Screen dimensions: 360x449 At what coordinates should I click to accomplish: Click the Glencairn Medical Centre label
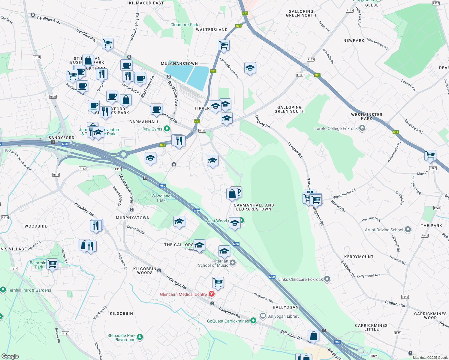[183, 294]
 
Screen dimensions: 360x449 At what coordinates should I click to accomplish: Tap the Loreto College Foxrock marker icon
[362, 128]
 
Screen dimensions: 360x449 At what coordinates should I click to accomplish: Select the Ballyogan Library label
[283, 316]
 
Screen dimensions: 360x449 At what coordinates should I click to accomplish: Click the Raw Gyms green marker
[167, 129]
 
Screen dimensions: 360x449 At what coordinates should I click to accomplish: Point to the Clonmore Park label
[184, 25]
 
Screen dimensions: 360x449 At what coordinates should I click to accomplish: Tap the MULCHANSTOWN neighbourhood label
[179, 64]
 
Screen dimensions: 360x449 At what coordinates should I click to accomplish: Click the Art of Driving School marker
[408, 230]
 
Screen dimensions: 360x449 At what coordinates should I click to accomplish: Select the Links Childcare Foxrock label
[300, 279]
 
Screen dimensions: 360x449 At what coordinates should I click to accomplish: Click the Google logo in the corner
[10, 356]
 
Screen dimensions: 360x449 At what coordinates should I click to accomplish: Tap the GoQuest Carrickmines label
[228, 321]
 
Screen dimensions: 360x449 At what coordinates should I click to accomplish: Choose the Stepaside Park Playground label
[122, 337]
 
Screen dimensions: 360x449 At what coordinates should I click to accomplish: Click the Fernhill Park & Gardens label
[29, 290]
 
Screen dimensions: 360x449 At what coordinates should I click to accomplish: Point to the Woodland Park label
[161, 198]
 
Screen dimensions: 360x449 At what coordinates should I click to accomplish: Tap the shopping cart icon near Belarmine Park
[52, 264]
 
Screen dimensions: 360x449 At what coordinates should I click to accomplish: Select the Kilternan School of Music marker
[232, 263]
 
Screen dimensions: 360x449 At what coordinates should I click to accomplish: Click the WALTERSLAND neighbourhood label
[212, 30]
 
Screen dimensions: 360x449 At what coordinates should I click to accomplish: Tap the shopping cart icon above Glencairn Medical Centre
[218, 282]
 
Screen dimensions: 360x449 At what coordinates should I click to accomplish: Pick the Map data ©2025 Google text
[430, 357]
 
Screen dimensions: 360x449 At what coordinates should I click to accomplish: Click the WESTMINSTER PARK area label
[366, 116]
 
